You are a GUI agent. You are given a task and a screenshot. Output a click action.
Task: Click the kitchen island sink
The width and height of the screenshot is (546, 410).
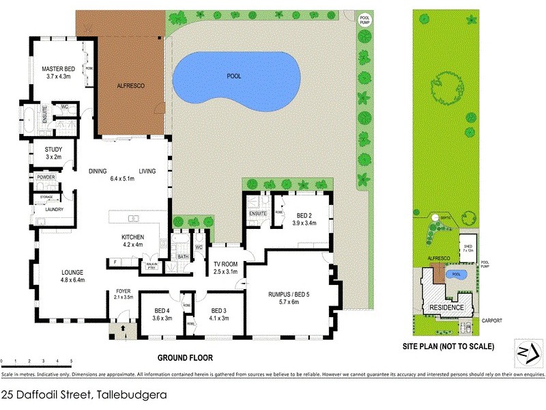[132, 219]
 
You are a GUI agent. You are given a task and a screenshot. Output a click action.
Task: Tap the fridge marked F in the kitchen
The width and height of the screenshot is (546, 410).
[115, 262]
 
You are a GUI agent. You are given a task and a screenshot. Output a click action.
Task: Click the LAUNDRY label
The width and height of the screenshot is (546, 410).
[44, 209]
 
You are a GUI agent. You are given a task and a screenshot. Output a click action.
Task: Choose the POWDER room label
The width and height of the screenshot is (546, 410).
[46, 177]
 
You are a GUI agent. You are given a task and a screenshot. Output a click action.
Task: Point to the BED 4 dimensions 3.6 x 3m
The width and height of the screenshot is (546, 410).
[161, 318]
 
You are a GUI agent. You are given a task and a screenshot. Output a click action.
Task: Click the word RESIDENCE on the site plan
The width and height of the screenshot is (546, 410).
[446, 307]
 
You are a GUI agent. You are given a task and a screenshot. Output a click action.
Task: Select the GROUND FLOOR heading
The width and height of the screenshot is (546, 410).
[185, 357]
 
